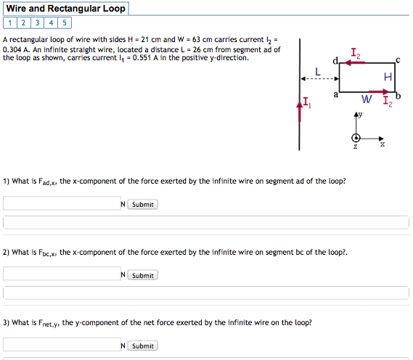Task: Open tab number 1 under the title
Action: (7, 22)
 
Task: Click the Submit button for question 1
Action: (142, 205)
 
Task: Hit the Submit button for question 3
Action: (142, 345)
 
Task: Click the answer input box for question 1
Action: (61, 204)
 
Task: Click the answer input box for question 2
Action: (61, 274)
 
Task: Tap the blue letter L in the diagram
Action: (317, 71)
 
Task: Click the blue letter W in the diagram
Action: (367, 99)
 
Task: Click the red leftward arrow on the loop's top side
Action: (355, 63)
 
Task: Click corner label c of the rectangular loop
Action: (397, 60)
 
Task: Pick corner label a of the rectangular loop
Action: (335, 94)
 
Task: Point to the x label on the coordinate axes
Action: (383, 144)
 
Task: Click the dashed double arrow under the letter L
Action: (317, 79)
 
